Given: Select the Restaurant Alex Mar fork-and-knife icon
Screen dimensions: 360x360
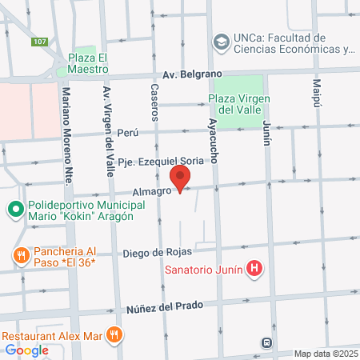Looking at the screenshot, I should pyautogui.click(x=115, y=334).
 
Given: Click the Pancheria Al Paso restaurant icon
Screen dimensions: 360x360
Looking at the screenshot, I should pyautogui.click(x=19, y=254).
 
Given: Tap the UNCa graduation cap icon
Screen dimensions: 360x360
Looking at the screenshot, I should pyautogui.click(x=219, y=41).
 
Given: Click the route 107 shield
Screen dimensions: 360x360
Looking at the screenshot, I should pyautogui.click(x=38, y=41).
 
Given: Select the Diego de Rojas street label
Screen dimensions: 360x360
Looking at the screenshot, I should pyautogui.click(x=154, y=254).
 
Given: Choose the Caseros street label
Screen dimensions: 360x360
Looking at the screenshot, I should pyautogui.click(x=155, y=102).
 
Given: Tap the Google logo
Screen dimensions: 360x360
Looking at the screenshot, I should pyautogui.click(x=26, y=350).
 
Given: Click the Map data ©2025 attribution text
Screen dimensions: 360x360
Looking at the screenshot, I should pyautogui.click(x=325, y=353).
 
